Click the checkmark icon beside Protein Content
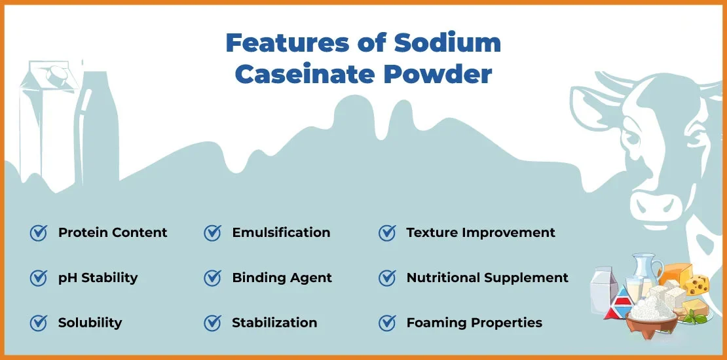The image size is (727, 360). pyautogui.click(x=39, y=233)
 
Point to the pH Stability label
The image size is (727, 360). pyautogui.click(x=98, y=278)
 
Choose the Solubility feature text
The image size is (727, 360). pyautogui.click(x=90, y=323)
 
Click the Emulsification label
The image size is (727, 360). pyautogui.click(x=281, y=232)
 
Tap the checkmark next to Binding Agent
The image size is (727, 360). pyautogui.click(x=212, y=278)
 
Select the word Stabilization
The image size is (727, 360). pyautogui.click(x=274, y=323)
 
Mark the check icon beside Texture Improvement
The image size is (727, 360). pyautogui.click(x=387, y=233)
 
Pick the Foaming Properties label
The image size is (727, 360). pyautogui.click(x=474, y=323)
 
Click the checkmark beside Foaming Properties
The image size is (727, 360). pyautogui.click(x=387, y=323)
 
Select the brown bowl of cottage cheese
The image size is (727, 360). pyautogui.click(x=651, y=323)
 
